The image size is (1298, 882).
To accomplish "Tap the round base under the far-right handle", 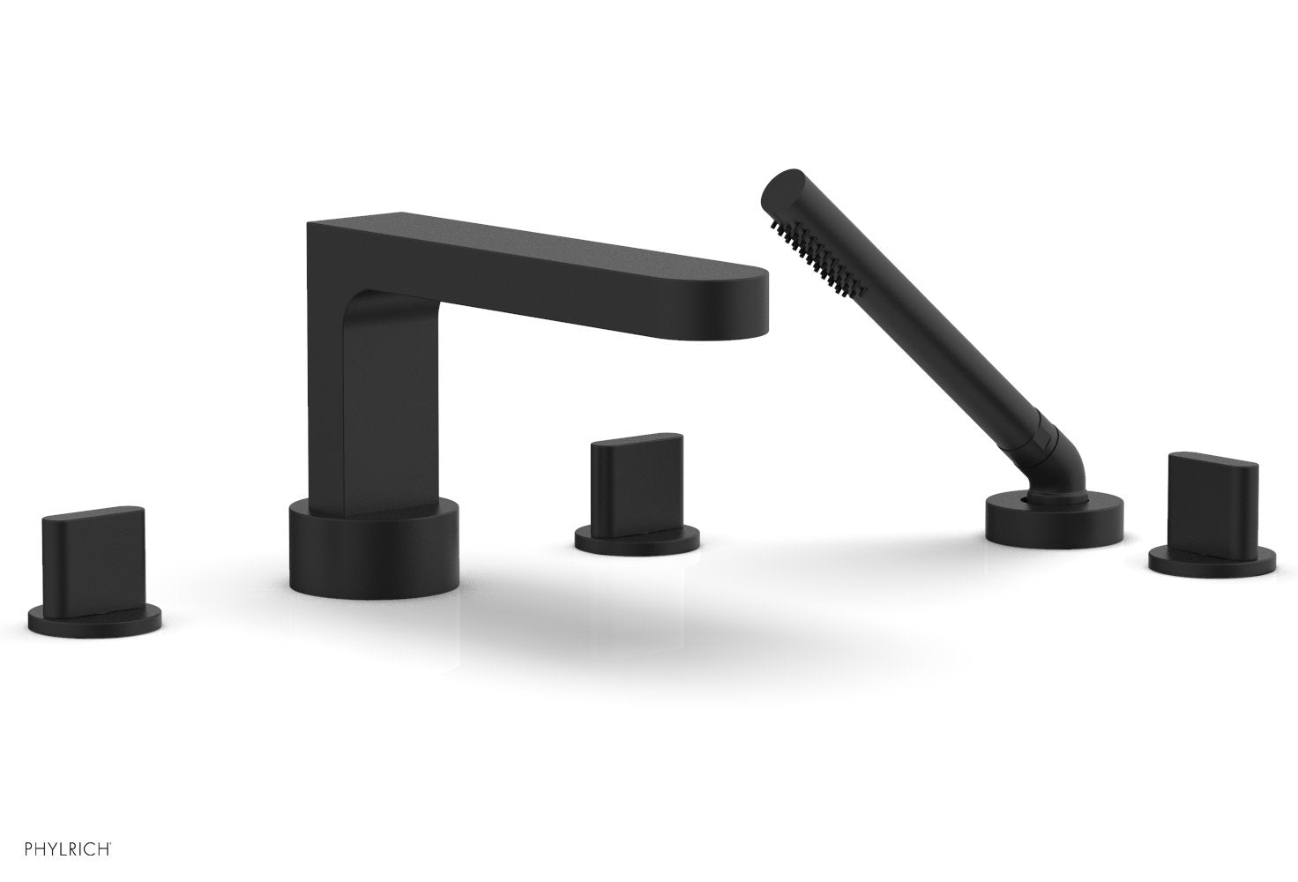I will coord(1212,562).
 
